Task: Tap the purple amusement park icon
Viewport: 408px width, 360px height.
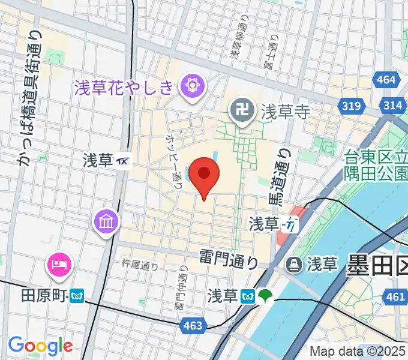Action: [x=193, y=88]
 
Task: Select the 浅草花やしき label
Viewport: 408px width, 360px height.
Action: [x=124, y=88]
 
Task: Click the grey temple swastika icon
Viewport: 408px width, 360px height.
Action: [x=242, y=112]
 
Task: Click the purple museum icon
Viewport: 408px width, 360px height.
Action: [x=106, y=221]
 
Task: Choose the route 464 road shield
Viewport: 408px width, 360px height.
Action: [x=387, y=79]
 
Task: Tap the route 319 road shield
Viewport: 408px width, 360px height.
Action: [x=352, y=106]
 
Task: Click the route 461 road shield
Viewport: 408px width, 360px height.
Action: [x=395, y=296]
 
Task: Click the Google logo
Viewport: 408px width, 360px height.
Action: [x=40, y=346]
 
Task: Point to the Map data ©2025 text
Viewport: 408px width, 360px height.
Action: [x=358, y=351]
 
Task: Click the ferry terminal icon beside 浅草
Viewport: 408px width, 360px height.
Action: [x=293, y=263]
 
